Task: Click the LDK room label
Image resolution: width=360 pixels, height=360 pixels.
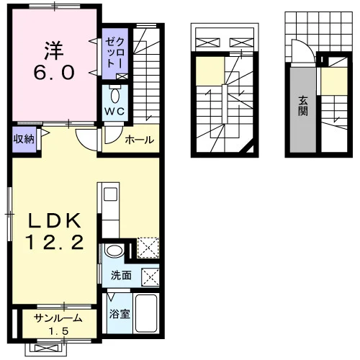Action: click(x=55, y=221)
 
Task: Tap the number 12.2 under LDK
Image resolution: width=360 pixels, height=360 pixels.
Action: click(x=55, y=242)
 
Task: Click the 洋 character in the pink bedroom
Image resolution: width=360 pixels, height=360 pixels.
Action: click(x=54, y=50)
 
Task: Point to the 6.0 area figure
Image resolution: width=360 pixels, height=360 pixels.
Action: click(x=54, y=73)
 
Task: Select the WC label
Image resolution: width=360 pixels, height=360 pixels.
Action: click(x=114, y=111)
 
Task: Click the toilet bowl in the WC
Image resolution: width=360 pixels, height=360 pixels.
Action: click(x=115, y=96)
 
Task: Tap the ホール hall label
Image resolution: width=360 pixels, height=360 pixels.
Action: click(x=140, y=140)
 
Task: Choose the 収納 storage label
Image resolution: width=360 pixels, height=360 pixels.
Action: click(x=24, y=139)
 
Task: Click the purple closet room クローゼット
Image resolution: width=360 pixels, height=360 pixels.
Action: click(x=115, y=54)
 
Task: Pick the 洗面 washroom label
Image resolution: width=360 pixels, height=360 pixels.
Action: click(x=121, y=276)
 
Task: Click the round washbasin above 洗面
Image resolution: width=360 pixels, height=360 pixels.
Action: click(x=114, y=251)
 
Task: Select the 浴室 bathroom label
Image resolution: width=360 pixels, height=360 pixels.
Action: click(x=120, y=314)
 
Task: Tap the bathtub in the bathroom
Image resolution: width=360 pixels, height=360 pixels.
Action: click(x=146, y=313)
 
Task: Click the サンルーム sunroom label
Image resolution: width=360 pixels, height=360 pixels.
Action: click(x=58, y=319)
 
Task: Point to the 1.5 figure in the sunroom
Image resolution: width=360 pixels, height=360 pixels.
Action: click(x=59, y=332)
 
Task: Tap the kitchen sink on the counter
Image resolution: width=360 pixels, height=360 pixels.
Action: click(x=110, y=194)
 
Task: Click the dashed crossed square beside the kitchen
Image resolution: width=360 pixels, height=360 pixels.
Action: click(x=148, y=248)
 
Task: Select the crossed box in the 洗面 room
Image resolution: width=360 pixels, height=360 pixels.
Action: click(x=150, y=277)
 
